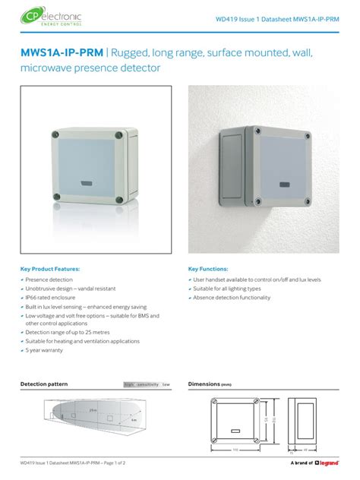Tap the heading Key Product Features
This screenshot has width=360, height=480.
point(49,269)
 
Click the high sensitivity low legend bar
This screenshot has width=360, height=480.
point(147,385)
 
